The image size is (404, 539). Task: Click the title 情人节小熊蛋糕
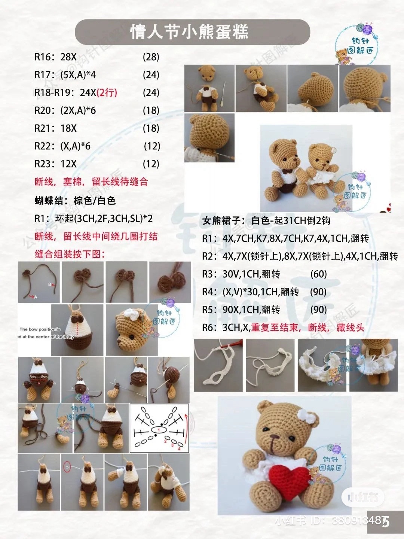pyautogui.click(x=190, y=32)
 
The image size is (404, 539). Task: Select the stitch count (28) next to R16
pyautogui.click(x=151, y=57)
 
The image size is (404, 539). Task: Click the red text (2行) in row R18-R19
pyautogui.click(x=107, y=92)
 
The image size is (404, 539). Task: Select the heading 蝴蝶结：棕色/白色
pyautogui.click(x=75, y=201)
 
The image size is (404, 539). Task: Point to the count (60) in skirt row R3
pyautogui.click(x=318, y=274)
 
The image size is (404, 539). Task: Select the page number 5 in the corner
pyautogui.click(x=386, y=521)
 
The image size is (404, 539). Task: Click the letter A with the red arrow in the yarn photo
pyautogui.click(x=36, y=297)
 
